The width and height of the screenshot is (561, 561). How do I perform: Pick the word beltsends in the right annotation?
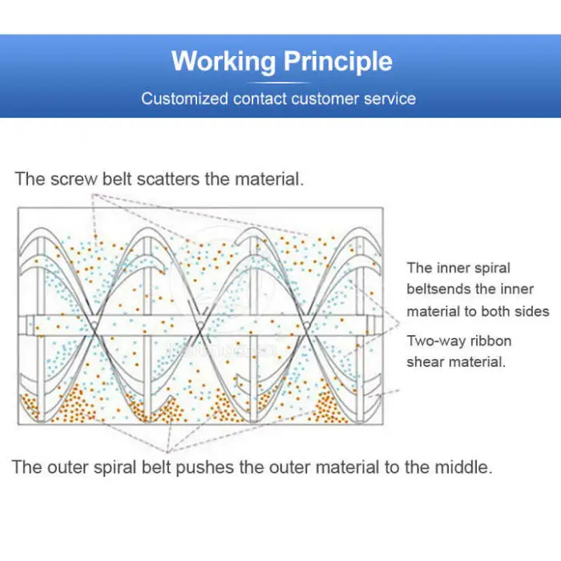[x=442, y=289]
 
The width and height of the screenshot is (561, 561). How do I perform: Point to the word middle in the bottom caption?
[x=462, y=467]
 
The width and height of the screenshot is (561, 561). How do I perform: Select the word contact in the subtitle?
[x=260, y=99]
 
